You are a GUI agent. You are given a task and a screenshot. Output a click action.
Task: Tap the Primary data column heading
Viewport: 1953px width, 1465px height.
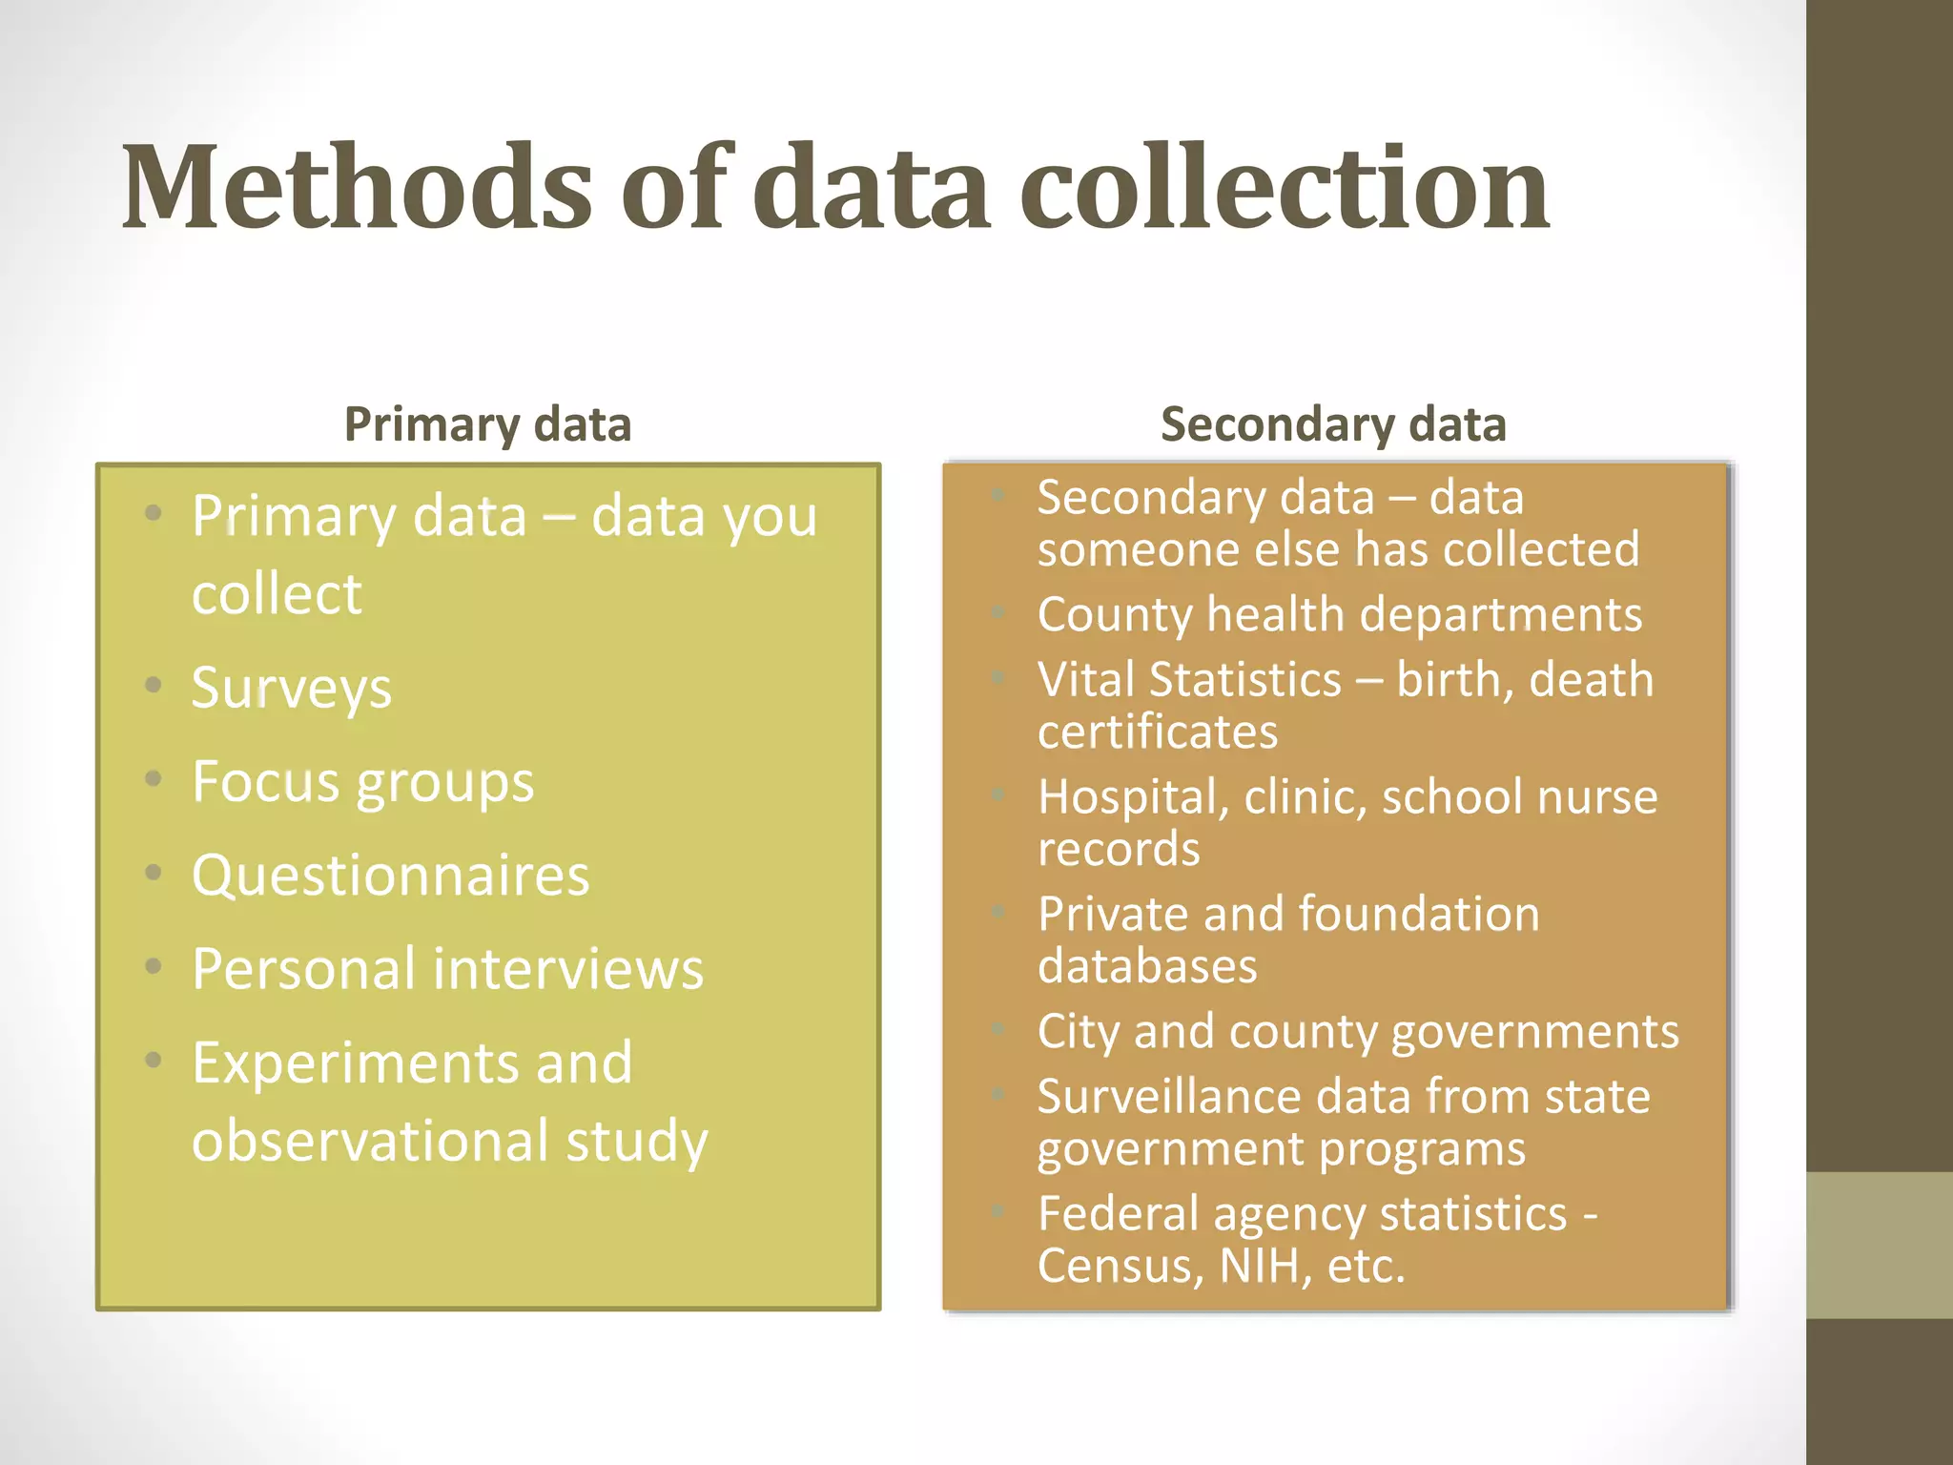click(x=487, y=424)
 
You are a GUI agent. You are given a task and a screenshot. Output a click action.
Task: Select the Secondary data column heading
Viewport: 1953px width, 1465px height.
click(x=1333, y=424)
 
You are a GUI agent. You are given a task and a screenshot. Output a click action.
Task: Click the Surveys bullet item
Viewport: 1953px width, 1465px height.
click(x=292, y=688)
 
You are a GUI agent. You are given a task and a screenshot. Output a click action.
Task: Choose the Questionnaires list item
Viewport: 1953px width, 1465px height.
click(x=391, y=875)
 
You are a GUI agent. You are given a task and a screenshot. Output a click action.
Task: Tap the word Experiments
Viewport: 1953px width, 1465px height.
click(x=355, y=1063)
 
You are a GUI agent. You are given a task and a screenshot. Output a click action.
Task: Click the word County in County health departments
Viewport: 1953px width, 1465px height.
click(x=1114, y=614)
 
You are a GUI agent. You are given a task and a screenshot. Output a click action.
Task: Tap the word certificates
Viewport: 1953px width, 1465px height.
click(x=1158, y=732)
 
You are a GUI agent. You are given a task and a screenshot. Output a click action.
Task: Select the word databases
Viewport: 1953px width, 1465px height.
click(x=1147, y=966)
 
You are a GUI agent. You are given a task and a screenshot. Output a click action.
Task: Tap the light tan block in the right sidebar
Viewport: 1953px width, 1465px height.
click(x=1880, y=1246)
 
